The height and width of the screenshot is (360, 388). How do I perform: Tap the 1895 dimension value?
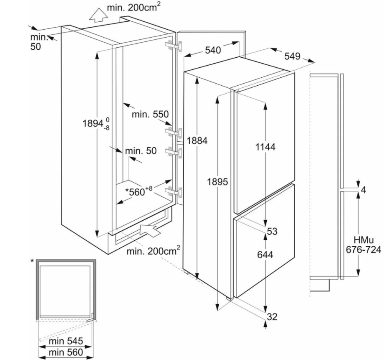point(218,182)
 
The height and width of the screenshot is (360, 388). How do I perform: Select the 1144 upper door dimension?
point(266,147)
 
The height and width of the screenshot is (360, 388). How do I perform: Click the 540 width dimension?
point(213,50)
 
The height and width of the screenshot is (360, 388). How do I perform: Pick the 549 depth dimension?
point(292,56)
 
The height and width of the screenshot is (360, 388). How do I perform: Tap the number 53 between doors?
point(272,231)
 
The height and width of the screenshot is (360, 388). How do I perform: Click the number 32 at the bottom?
point(272,317)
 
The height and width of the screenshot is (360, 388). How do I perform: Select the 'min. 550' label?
point(150,114)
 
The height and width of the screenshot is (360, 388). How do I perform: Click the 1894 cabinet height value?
point(93,123)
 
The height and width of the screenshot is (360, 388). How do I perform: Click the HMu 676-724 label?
point(364,245)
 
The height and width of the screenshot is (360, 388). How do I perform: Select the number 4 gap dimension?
point(363,190)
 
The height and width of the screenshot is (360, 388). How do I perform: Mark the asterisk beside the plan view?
point(32,261)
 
